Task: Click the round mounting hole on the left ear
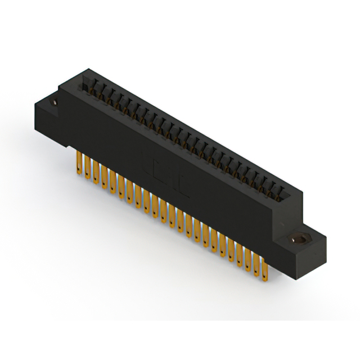[55, 103]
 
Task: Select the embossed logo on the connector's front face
[169, 179]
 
